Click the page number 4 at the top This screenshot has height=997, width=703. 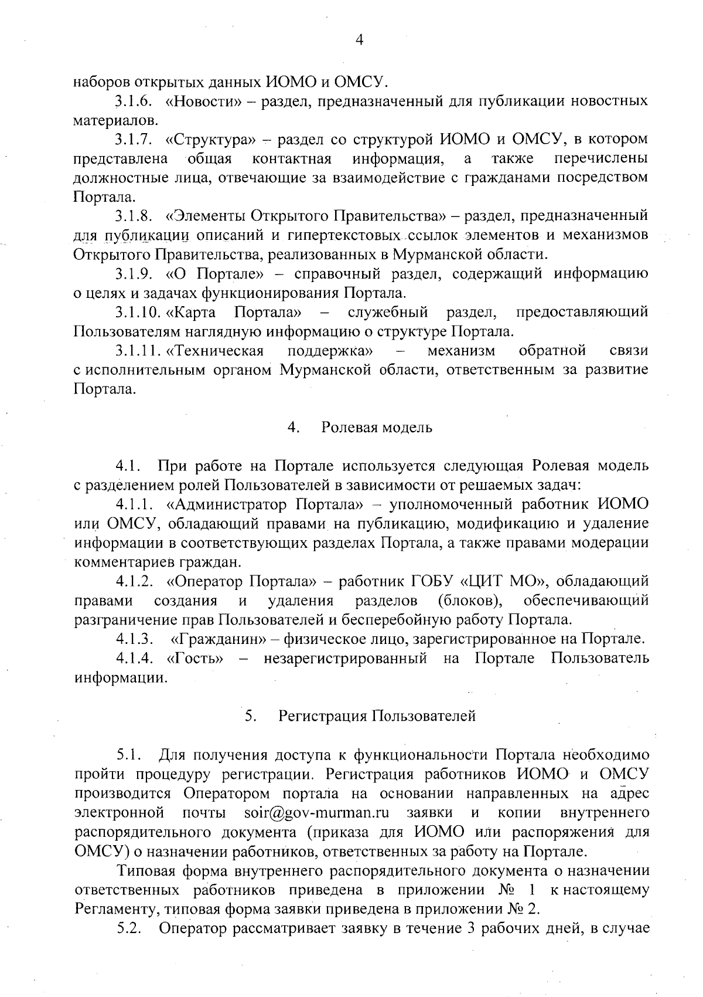[359, 40]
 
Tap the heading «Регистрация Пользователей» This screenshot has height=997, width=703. [377, 715]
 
